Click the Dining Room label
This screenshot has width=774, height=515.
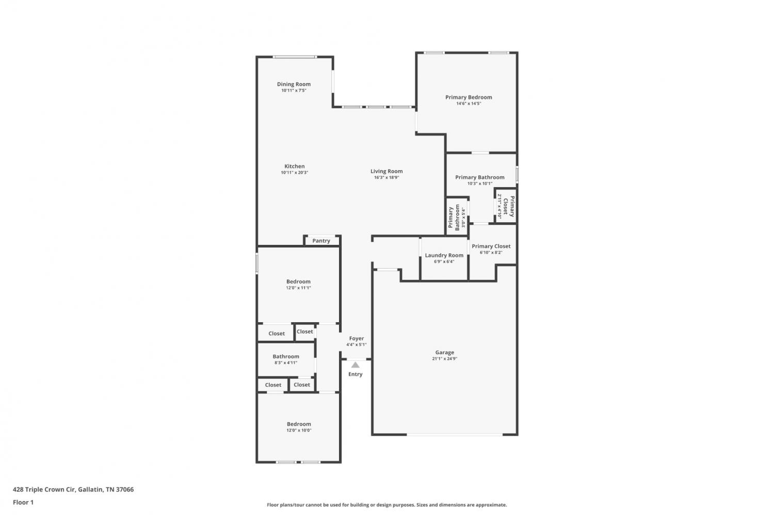294,84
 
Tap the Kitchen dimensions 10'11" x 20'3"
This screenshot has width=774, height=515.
295,173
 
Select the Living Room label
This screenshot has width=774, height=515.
386,171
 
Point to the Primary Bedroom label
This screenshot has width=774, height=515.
469,97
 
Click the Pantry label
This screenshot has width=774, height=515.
321,241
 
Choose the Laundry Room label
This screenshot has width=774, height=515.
444,255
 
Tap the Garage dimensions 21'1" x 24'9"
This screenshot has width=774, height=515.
445,359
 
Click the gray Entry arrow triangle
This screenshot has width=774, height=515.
355,365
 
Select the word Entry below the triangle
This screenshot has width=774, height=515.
355,374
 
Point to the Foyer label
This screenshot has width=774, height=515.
356,338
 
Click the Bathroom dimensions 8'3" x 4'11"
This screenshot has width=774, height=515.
286,363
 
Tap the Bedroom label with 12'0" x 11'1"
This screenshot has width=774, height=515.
298,281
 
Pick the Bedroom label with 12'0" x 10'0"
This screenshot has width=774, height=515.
299,424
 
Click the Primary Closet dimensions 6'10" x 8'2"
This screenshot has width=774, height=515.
491,252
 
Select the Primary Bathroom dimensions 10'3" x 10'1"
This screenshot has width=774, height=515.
480,184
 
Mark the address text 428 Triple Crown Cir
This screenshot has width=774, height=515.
44,489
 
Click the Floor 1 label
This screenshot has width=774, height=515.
23,502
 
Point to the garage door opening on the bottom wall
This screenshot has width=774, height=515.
455,435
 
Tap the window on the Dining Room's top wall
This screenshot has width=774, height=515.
295,57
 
